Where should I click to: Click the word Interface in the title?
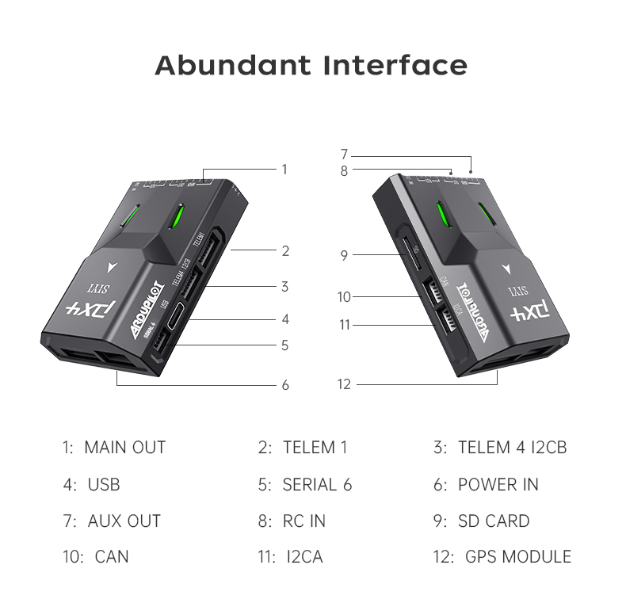click(x=395, y=65)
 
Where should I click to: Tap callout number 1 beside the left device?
click(x=284, y=169)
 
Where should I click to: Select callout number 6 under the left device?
click(x=285, y=385)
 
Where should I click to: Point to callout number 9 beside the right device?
click(x=344, y=255)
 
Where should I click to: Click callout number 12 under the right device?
click(x=344, y=384)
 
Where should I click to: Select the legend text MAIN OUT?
click(x=124, y=448)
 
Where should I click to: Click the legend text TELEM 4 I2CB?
click(x=512, y=448)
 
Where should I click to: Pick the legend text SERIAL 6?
click(x=317, y=485)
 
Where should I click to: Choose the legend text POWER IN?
click(x=498, y=485)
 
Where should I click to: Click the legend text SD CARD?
click(x=494, y=521)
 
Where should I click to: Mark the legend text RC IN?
click(x=303, y=521)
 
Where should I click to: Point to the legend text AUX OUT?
click(x=124, y=521)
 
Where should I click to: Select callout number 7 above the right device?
click(x=344, y=154)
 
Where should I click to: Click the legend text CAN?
click(x=111, y=557)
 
